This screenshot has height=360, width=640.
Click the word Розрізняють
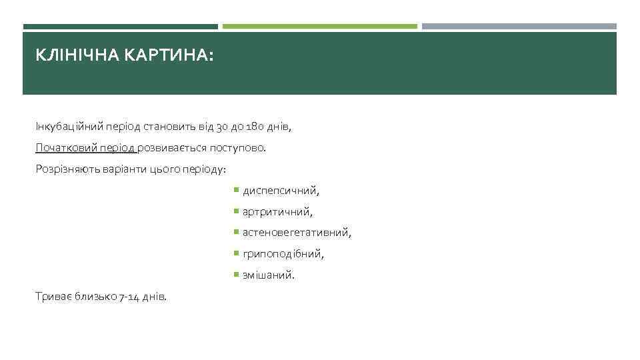coord(65,169)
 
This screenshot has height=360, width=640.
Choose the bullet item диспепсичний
coord(281,191)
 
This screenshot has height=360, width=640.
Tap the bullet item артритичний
coord(277,212)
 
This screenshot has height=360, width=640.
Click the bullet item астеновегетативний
coord(297,233)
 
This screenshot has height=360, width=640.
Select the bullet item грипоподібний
coord(283,254)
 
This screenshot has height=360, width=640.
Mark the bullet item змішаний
coord(268,275)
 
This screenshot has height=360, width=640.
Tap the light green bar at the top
coord(319,27)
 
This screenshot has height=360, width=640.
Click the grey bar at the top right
coord(519,27)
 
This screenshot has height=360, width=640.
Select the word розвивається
coord(174,147)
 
